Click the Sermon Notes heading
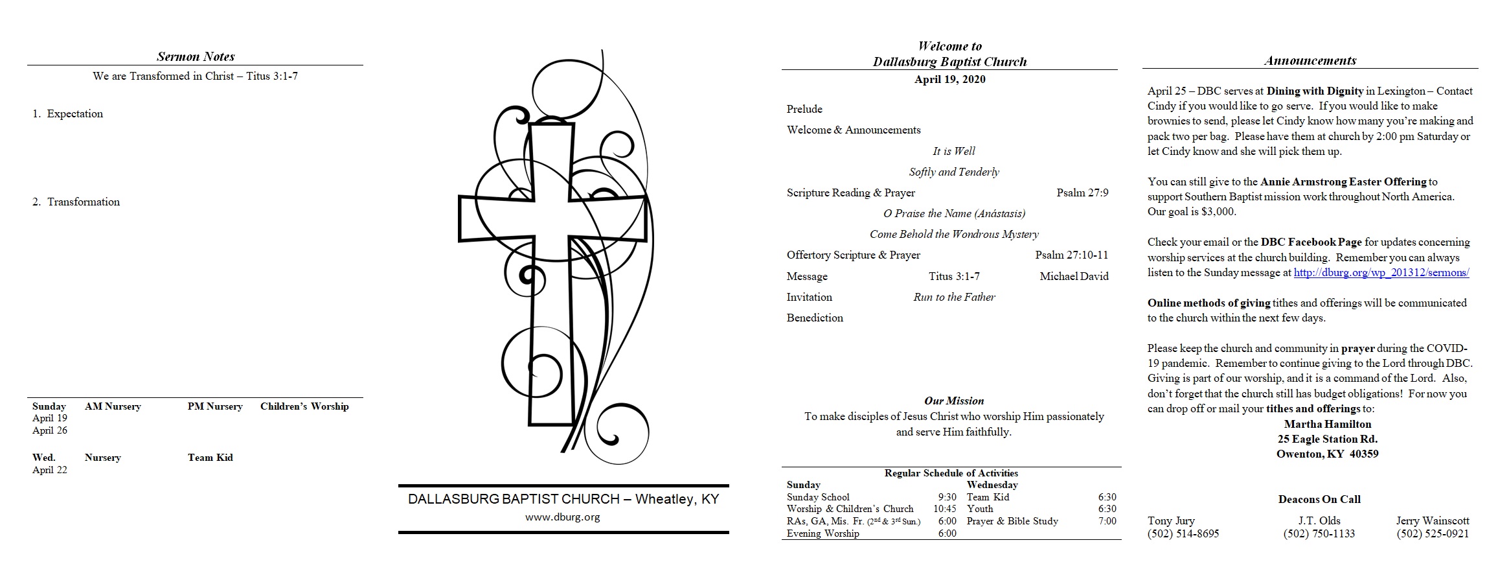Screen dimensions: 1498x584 [x=196, y=56]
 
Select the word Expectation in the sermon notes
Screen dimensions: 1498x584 [x=75, y=113]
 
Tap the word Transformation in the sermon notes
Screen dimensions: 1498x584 [x=84, y=202]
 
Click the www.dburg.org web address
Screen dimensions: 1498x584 [x=563, y=517]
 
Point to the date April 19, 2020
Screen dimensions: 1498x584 [x=950, y=79]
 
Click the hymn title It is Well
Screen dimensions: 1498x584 [x=954, y=151]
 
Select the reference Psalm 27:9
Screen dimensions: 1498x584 [x=1082, y=193]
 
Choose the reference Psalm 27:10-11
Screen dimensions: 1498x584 [x=1072, y=255]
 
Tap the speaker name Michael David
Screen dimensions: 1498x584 [x=1074, y=276]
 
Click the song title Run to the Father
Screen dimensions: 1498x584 [x=954, y=297]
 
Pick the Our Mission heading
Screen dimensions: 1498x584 [x=954, y=401]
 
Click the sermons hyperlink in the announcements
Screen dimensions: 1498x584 [x=1381, y=273]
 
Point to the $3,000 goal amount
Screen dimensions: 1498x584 [x=1218, y=212]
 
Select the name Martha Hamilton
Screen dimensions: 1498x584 [x=1328, y=424]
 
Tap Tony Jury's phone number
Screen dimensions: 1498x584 [x=1183, y=533]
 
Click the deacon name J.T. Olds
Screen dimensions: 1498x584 [x=1319, y=520]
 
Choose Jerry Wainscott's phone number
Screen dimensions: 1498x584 [x=1433, y=533]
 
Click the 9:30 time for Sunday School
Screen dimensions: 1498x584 [x=947, y=497]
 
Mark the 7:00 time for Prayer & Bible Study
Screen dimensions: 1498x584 [x=1107, y=521]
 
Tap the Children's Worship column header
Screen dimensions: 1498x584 [x=304, y=406]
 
